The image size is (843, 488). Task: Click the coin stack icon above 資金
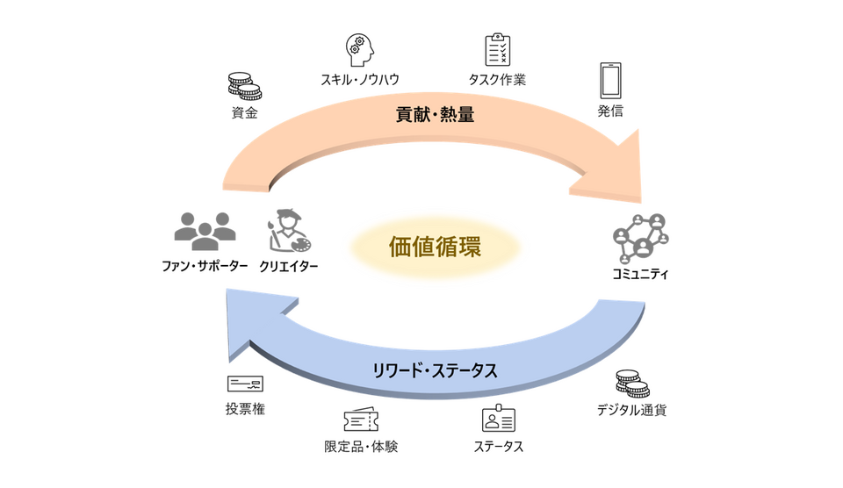click(x=245, y=87)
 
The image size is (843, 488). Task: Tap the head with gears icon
click(x=360, y=50)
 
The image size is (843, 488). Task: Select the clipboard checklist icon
click(x=497, y=49)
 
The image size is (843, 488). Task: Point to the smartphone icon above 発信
click(x=610, y=81)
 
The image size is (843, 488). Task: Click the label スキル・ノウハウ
click(x=360, y=80)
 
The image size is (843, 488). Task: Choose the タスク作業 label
click(x=497, y=80)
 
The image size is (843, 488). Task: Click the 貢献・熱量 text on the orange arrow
click(x=435, y=114)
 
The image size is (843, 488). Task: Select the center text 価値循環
click(x=435, y=247)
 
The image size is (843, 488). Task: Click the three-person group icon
click(x=205, y=231)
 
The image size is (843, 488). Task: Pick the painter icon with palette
click(x=289, y=230)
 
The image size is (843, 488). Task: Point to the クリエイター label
click(x=289, y=267)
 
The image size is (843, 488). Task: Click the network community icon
click(x=640, y=239)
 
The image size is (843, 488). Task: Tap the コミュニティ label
click(x=640, y=274)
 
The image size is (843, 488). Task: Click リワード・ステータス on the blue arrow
click(x=435, y=370)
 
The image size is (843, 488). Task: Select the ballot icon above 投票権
click(x=245, y=384)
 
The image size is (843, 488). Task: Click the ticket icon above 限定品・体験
click(x=361, y=420)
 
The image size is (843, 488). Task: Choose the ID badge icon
click(x=499, y=419)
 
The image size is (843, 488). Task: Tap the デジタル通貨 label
click(x=631, y=410)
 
